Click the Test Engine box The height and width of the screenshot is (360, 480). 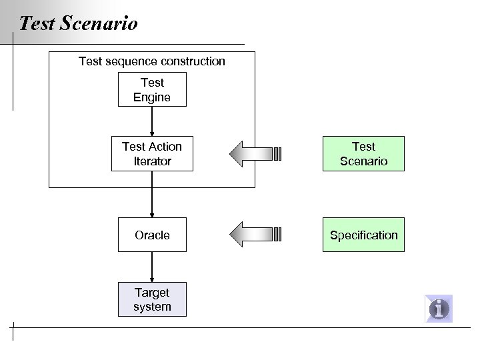coord(152,89)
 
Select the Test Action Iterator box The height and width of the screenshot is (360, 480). coord(152,153)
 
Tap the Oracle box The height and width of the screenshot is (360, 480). coord(152,235)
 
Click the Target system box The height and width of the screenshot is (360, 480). coord(152,299)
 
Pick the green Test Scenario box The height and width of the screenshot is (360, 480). coord(363,153)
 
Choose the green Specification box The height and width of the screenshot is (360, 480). coord(363,235)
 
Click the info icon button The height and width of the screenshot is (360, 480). coord(439,309)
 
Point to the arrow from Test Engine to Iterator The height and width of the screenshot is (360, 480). coord(152,121)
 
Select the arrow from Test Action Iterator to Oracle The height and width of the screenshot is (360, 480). coord(152,195)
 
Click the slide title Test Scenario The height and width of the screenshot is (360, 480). coord(79,24)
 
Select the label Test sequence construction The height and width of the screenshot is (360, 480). coord(152,61)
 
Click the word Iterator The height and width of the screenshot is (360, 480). coord(152,161)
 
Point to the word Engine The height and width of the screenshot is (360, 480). coord(152,97)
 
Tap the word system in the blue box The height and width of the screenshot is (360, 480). coord(152,307)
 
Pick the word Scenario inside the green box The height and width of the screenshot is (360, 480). coord(363,161)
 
